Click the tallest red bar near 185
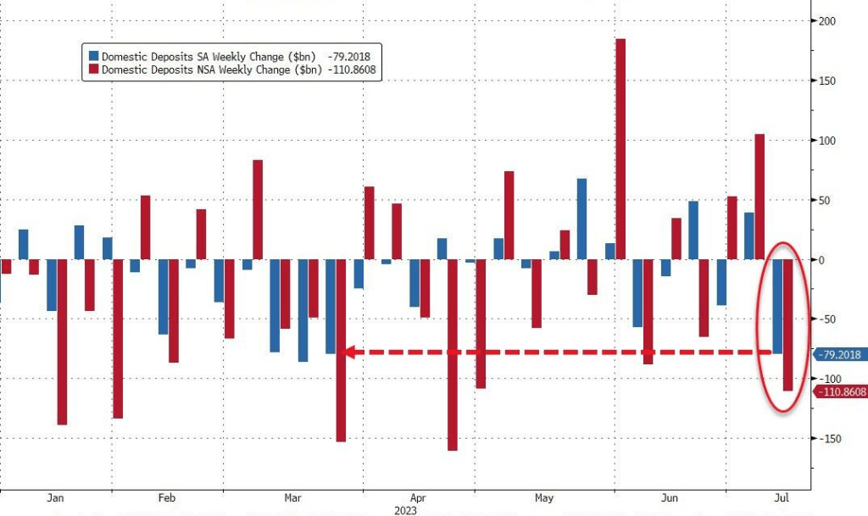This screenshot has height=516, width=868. (620, 149)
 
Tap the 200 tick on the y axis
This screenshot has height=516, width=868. (826, 21)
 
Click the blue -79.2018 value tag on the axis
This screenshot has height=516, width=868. (837, 354)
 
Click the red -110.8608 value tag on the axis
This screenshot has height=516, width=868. (840, 391)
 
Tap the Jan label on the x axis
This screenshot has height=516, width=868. (56, 498)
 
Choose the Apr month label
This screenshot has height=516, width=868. (417, 498)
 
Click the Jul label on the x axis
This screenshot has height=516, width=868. (780, 498)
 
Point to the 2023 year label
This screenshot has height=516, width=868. (406, 510)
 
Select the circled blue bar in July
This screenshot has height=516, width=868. (777, 306)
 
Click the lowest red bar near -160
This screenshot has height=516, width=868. (453, 355)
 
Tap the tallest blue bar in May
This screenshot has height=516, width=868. (581, 219)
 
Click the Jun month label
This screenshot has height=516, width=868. (670, 498)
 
